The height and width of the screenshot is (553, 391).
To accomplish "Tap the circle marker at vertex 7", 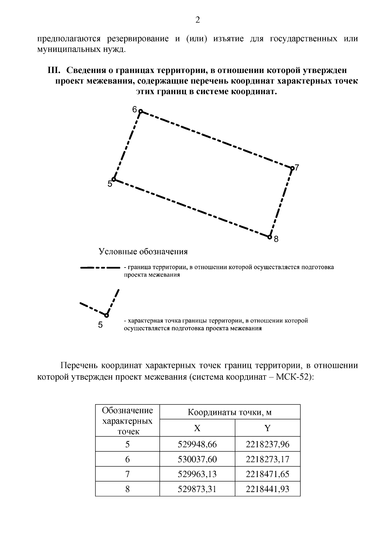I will point(292,168).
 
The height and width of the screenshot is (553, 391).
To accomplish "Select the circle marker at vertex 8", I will point(269,237).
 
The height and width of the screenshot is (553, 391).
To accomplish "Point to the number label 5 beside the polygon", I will point(110,184).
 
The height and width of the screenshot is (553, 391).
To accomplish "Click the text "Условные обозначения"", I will point(143,252).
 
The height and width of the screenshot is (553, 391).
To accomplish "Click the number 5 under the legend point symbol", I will point(100,325).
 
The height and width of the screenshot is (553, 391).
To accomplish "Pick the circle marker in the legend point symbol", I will point(107,315).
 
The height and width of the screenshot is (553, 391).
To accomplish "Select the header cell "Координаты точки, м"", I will point(230,413).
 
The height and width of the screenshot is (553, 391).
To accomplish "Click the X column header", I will point(197,428).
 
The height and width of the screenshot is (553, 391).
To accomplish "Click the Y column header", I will point(267,428).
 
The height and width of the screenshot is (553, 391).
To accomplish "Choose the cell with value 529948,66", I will point(197,444).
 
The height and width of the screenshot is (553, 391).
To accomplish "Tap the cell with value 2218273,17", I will point(267,459).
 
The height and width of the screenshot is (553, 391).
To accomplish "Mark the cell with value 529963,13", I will point(197,474).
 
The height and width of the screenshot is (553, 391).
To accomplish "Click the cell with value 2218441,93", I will point(267,489).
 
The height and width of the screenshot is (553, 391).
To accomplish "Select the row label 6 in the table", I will point(127,459).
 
